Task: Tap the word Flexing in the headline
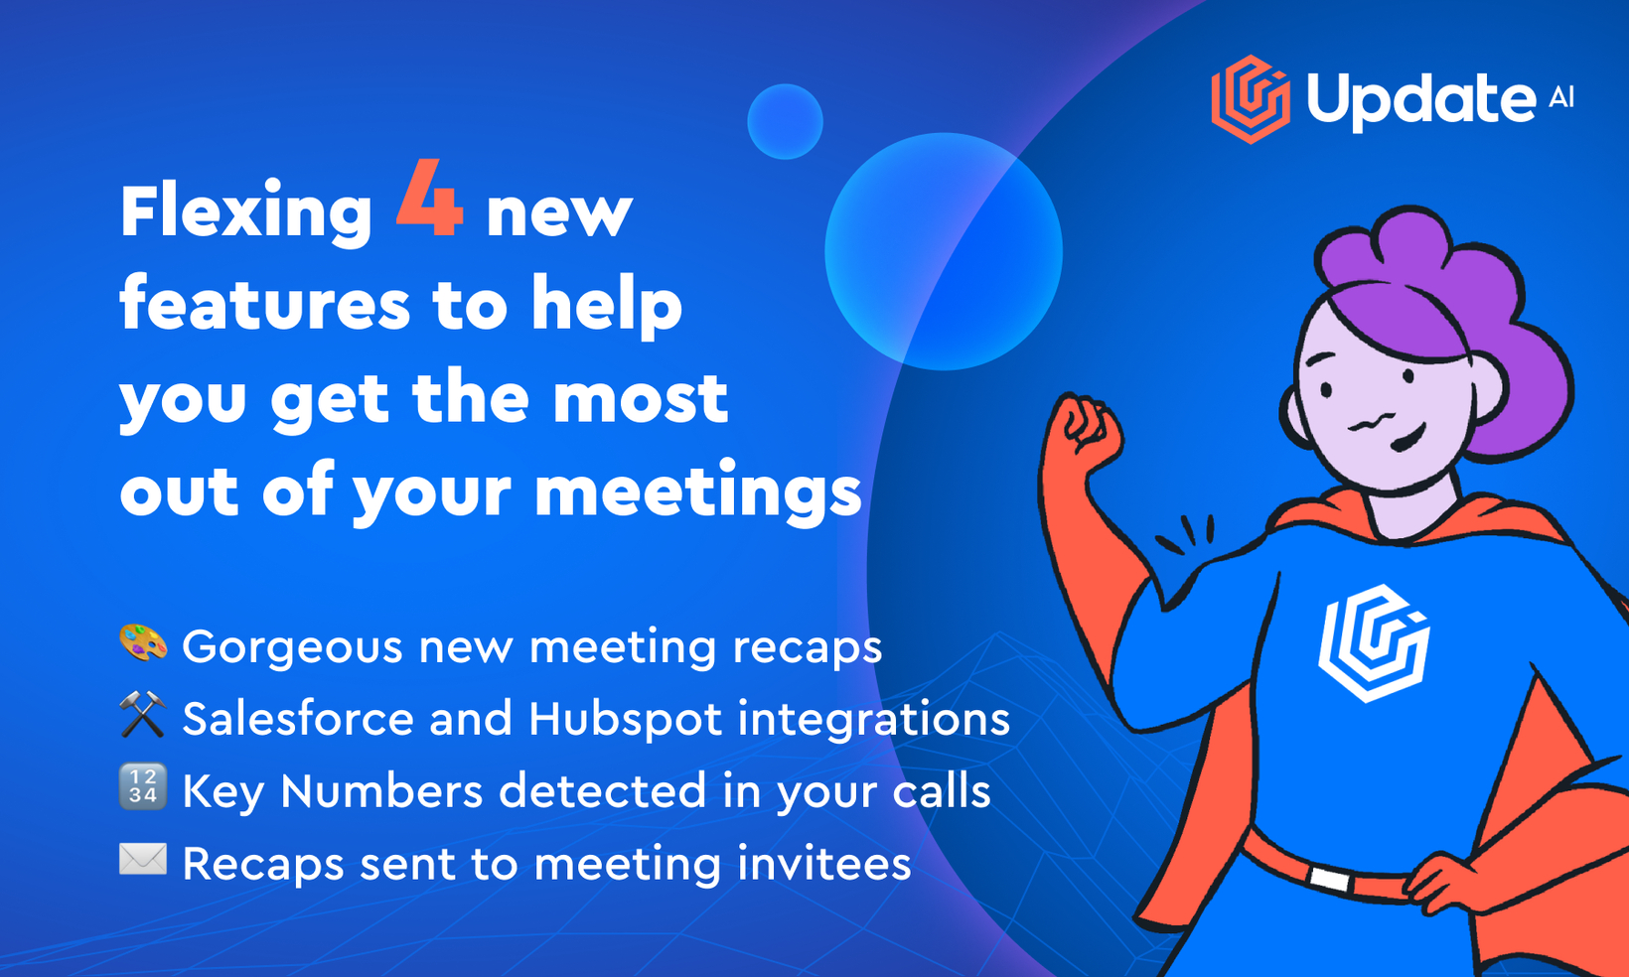[246, 212]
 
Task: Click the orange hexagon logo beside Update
[1251, 99]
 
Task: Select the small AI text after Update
[1560, 97]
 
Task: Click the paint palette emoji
[143, 643]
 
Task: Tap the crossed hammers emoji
[143, 715]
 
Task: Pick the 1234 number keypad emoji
[143, 787]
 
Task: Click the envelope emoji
[143, 859]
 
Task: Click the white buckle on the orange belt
[1330, 880]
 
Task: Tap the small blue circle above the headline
[785, 121]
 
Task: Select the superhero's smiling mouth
[1412, 438]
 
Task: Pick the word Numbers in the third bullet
[381, 791]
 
